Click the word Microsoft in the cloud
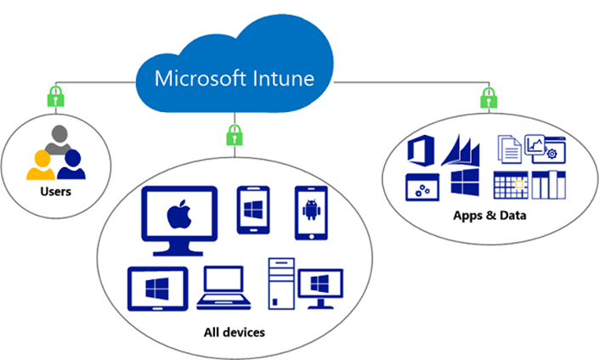tap(201, 78)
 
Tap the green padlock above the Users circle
tap(56, 96)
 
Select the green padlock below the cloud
tap(235, 135)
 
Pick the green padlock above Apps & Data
tap(489, 98)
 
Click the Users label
tap(56, 191)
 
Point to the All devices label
tap(235, 332)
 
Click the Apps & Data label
tap(489, 216)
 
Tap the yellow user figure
tap(41, 166)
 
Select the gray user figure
tap(59, 138)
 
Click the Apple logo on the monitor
tap(179, 214)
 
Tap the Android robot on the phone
tap(311, 209)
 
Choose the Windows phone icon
tap(253, 210)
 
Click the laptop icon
tap(223, 288)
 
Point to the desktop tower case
tap(281, 284)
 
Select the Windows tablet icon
tap(158, 289)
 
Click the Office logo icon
tap(421, 150)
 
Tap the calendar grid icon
tap(511, 185)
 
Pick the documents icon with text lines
tap(510, 149)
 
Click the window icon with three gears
tap(422, 188)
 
